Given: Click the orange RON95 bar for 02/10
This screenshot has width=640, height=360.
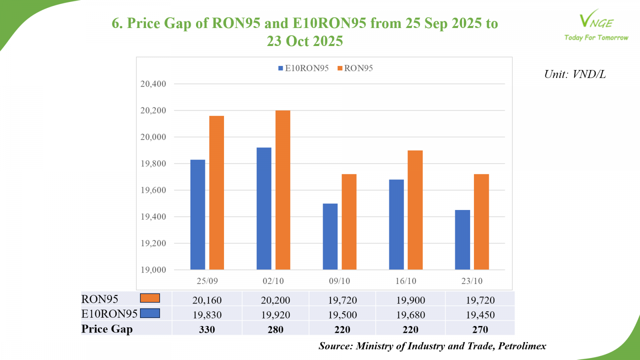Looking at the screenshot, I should (283, 190).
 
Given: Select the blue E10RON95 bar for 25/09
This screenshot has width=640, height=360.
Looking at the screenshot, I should (198, 215).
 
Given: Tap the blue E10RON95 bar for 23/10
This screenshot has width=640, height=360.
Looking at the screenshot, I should (462, 240).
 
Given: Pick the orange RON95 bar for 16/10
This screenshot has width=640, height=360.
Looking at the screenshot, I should (415, 210).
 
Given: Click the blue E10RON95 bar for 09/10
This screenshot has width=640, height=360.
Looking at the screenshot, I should (330, 237).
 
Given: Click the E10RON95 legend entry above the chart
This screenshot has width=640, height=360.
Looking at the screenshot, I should (303, 68).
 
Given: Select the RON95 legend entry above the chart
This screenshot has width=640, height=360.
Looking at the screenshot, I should (355, 68).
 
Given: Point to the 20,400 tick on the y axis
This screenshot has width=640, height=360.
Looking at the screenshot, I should (153, 84).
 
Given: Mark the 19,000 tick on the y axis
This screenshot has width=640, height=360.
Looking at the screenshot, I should (153, 270).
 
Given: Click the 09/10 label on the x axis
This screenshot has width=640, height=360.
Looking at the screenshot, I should (339, 281).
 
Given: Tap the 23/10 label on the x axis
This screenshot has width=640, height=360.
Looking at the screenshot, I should (472, 281).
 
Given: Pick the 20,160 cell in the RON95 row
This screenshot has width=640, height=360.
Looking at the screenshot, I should (207, 300).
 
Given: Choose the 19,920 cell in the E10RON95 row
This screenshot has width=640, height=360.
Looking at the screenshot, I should (276, 315).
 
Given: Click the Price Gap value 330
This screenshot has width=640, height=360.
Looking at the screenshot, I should (207, 330).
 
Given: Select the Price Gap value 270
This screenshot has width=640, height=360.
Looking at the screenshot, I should (480, 330).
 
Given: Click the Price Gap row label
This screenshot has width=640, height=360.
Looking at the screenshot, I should (107, 329).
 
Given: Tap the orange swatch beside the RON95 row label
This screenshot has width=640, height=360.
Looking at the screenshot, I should (150, 298).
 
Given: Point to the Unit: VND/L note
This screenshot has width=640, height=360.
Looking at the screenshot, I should (575, 74).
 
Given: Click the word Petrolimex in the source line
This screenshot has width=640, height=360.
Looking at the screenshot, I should (522, 346).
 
